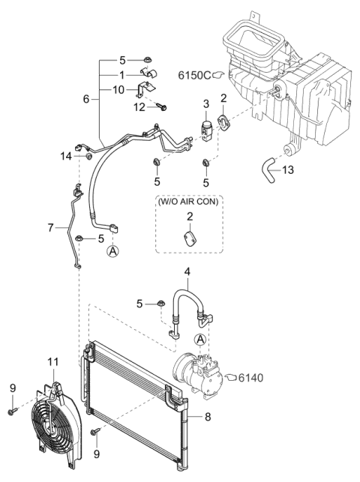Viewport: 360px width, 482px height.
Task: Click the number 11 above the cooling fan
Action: (52, 363)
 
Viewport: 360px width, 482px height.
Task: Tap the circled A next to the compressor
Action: (199, 339)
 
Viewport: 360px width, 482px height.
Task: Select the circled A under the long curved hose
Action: (112, 252)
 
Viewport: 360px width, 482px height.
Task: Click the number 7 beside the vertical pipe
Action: (51, 227)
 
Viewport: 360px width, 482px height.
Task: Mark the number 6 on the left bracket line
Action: (85, 98)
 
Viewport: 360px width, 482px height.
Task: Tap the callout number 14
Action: (65, 155)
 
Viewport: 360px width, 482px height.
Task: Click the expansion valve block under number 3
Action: (205, 124)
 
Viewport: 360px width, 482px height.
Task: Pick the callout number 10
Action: (119, 90)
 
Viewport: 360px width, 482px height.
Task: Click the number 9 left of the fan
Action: (12, 388)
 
